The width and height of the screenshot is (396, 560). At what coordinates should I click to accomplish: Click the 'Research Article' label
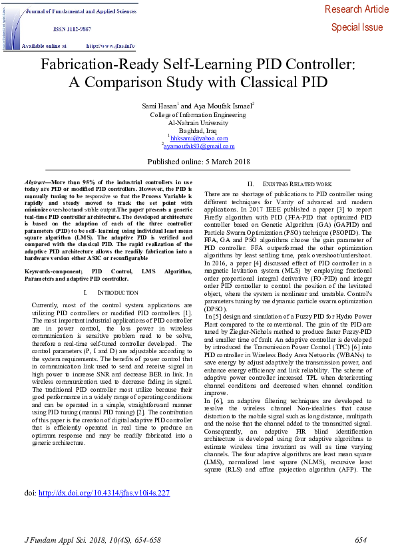click(x=357, y=9)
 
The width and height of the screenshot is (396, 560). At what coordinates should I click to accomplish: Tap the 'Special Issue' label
click(x=357, y=27)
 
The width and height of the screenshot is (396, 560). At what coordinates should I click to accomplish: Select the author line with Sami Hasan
click(x=198, y=105)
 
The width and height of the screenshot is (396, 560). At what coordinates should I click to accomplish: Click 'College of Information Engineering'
click(x=198, y=114)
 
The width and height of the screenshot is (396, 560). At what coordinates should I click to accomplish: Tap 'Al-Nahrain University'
click(x=198, y=122)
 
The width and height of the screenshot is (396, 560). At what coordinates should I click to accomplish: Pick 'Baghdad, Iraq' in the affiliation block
click(x=198, y=130)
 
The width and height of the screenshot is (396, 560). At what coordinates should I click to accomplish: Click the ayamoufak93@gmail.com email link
click(x=199, y=146)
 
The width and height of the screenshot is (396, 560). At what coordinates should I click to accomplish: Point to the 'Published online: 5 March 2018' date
click(x=198, y=161)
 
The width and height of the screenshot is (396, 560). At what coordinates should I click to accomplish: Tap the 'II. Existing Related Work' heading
click(x=290, y=184)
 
